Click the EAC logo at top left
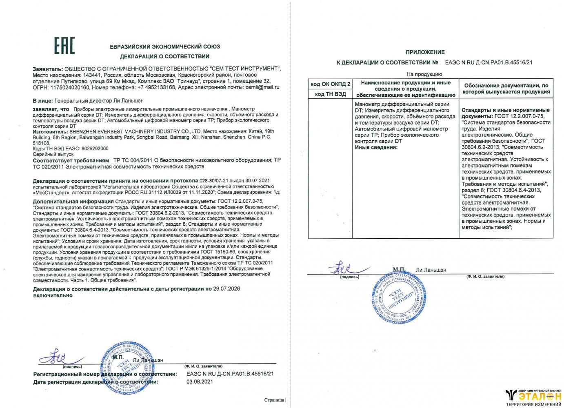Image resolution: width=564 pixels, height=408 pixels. [64, 46]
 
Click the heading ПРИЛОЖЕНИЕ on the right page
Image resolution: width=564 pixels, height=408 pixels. [425, 52]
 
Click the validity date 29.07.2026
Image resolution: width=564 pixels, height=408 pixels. [226, 289]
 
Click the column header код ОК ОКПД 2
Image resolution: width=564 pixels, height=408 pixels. [331, 84]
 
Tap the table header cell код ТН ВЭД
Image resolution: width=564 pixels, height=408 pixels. [331, 94]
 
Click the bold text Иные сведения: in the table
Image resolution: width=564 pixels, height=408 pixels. [376, 147]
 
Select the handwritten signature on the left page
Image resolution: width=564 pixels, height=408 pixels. [57, 357]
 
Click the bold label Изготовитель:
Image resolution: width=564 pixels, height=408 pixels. [50, 132]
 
